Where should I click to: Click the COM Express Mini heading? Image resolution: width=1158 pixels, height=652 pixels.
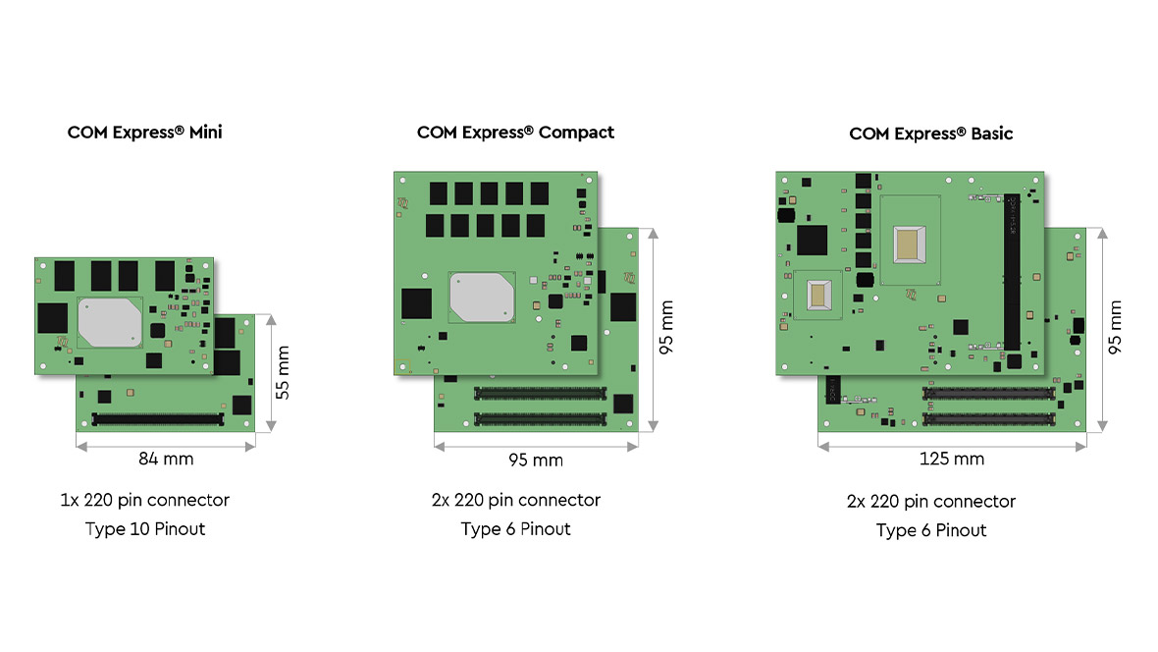click(145, 132)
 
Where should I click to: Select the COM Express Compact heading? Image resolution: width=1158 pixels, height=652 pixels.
click(515, 132)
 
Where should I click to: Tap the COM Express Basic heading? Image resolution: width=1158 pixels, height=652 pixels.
click(930, 133)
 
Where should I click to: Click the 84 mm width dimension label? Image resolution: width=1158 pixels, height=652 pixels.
click(165, 459)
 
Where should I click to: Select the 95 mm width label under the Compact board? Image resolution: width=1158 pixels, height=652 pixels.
click(536, 460)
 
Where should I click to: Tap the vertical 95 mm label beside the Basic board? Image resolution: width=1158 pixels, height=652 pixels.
click(1115, 327)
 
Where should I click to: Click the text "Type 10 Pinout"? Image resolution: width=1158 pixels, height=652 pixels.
click(145, 529)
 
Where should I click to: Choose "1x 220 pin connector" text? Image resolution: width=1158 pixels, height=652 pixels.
click(145, 500)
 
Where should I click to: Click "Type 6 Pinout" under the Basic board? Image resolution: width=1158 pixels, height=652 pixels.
click(930, 530)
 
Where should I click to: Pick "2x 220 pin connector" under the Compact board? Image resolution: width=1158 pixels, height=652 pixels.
click(515, 500)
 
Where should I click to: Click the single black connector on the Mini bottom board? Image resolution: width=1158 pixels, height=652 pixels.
click(157, 419)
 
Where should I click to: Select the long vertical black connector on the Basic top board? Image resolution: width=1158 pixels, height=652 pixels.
click(1011, 272)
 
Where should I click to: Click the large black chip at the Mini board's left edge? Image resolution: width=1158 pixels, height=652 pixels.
click(52, 317)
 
